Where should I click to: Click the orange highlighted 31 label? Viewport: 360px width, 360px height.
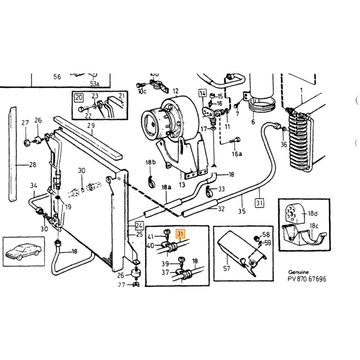point(180,234)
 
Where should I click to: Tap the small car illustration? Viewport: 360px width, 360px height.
point(24,251)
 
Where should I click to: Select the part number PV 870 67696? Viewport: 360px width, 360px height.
point(307,279)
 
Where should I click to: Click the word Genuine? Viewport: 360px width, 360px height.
point(298,272)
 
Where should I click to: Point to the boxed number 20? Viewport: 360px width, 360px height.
point(79,98)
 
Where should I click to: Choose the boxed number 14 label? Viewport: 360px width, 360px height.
point(203,94)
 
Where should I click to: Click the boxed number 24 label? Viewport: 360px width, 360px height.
point(139,226)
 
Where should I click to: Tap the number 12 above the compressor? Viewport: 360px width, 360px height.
point(176,91)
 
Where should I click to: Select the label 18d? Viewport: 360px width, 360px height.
point(313,213)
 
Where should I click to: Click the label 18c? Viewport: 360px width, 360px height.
point(314,226)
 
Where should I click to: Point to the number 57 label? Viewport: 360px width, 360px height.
point(226,268)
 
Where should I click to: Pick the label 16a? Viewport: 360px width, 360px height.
point(237,154)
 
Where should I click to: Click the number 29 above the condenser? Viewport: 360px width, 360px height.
point(91,125)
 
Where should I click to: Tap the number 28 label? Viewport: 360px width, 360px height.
point(32,165)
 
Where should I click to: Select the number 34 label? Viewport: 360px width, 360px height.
point(34,185)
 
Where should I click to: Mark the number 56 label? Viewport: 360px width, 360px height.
point(57,77)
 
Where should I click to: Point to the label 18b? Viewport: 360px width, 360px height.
point(151,163)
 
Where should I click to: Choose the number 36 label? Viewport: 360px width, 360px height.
point(284,145)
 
